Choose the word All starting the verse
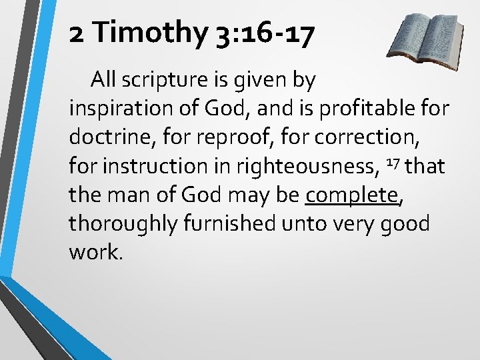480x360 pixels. (105, 81)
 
